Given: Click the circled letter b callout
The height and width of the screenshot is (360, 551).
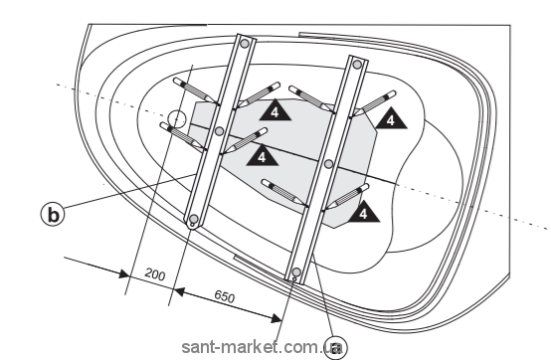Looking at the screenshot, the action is pos(53,215).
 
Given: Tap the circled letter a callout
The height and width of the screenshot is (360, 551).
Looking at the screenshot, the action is pos(335,347).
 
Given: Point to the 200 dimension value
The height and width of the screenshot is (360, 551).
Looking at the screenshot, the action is pos(155,273).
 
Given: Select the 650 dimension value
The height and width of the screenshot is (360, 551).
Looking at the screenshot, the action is pos(224,296).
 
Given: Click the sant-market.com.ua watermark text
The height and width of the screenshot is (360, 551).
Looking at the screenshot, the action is pos(263,347).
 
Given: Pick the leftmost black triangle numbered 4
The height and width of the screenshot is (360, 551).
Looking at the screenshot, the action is pos(263,155).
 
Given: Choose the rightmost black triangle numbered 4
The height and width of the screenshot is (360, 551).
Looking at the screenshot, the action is pos(391,118).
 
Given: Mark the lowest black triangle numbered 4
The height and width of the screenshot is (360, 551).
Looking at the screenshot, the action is pos(364,212).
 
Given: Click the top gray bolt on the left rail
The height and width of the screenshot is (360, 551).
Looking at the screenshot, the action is pos(245,44).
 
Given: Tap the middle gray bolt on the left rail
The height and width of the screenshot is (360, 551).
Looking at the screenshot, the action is pos(219,131).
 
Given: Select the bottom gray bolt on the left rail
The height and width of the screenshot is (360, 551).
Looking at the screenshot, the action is pos(194,219).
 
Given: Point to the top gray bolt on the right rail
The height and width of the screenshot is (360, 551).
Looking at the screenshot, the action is pos(357,65).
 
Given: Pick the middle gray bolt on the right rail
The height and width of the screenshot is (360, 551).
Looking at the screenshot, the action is pos(328,164).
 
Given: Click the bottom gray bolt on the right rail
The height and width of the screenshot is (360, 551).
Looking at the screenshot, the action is pos(296,271).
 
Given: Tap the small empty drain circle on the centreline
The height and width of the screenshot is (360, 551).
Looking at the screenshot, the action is pos(176,118).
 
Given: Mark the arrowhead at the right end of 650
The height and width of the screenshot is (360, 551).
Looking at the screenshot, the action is pos(276,318).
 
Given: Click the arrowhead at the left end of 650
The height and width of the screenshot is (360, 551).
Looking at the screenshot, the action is pos(179,291).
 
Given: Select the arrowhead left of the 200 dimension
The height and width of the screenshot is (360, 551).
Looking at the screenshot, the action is pos(123,273).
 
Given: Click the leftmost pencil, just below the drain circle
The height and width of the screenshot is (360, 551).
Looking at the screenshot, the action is pos(183,137).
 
